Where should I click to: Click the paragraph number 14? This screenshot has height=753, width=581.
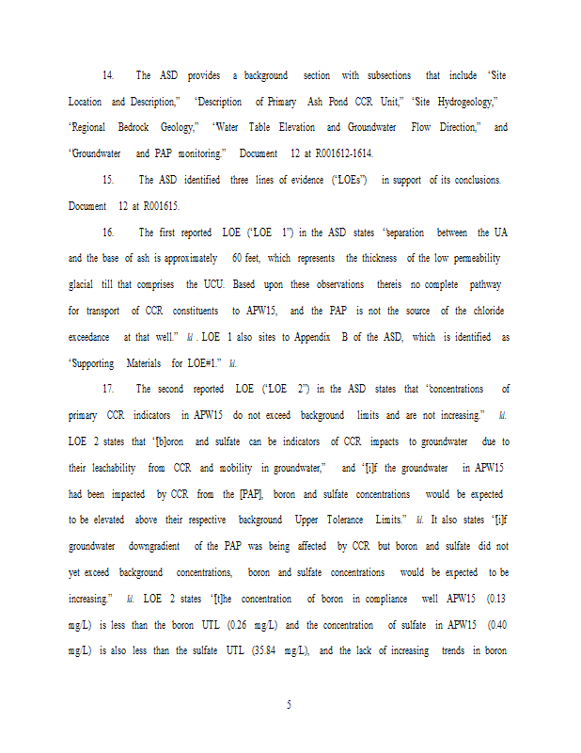pyautogui.click(x=108, y=75)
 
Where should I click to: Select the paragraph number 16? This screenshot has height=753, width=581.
pyautogui.click(x=108, y=232)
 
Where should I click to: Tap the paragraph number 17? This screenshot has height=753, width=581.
pyautogui.click(x=108, y=389)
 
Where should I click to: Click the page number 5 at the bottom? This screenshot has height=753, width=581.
pyautogui.click(x=290, y=704)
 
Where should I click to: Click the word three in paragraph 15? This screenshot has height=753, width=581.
pyautogui.click(x=243, y=180)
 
